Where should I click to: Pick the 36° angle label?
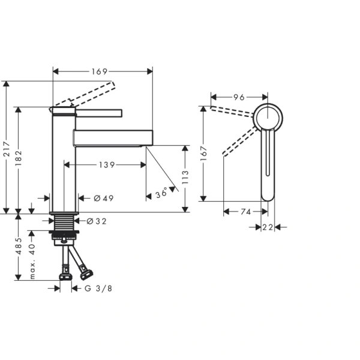pyautogui.click(x=161, y=194)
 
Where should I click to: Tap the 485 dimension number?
pyautogui.click(x=19, y=247)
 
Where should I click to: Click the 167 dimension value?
pyautogui.click(x=204, y=154)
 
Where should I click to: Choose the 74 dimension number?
pyautogui.click(x=245, y=211)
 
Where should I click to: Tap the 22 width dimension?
pyautogui.click(x=267, y=227)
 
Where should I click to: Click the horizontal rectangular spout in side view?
pyautogui.click(x=113, y=137)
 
